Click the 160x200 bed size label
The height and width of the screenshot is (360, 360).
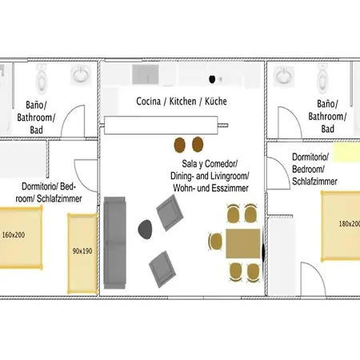click(x=14, y=235)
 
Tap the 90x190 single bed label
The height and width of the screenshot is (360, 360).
click(x=82, y=251)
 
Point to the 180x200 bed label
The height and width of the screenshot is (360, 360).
click(x=350, y=224)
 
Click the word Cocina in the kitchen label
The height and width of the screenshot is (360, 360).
click(x=149, y=102)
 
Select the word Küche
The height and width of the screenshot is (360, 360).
click(x=216, y=102)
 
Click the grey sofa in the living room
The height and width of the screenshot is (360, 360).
click(x=114, y=242)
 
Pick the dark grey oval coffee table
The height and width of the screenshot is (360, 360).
click(x=145, y=229)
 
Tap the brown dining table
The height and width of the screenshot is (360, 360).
click(x=243, y=243)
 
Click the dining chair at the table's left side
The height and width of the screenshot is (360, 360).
click(x=215, y=242)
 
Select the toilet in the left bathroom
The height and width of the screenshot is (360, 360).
click(x=42, y=78)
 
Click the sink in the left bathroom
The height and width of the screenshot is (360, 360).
click(x=81, y=74)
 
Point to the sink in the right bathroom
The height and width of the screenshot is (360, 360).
click(x=284, y=75)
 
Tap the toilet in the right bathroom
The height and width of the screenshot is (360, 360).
click(x=322, y=78)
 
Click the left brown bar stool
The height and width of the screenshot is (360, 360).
click(x=179, y=145)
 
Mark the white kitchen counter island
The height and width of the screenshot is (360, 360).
click(x=161, y=125)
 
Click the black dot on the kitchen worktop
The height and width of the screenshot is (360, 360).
click(x=212, y=79)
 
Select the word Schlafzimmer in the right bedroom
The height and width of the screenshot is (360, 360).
click(x=314, y=182)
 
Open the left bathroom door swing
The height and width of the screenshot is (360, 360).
click(x=73, y=122)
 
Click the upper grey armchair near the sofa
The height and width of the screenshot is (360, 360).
click(x=170, y=213)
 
